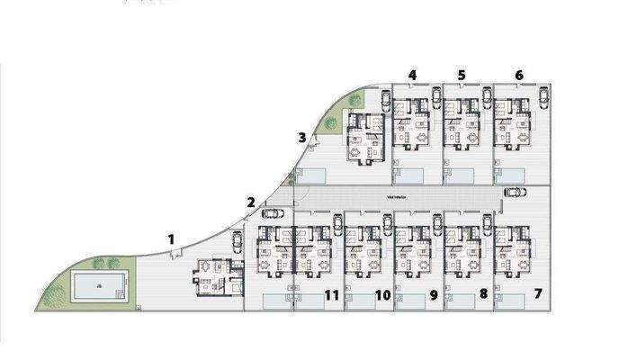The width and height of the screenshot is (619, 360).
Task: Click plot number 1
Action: pyautogui.click(x=171, y=238)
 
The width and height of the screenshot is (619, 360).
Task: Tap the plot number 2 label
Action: pyautogui.click(x=251, y=202)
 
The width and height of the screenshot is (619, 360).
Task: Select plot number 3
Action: pyautogui.click(x=302, y=137)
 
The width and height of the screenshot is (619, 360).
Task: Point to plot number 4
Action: pyautogui.click(x=412, y=75)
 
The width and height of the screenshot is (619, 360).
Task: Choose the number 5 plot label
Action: pyautogui.click(x=462, y=75)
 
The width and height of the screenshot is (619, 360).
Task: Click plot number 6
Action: pyautogui.click(x=519, y=75)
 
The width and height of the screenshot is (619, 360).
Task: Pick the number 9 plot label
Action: pyautogui.click(x=433, y=294)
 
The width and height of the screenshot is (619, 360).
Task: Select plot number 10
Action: pyautogui.click(x=382, y=294)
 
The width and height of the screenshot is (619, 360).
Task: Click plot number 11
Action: pyautogui.click(x=330, y=294)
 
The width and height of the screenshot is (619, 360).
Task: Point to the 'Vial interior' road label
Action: pyautogui.click(x=397, y=193)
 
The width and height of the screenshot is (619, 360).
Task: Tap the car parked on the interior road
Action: pyautogui.click(x=516, y=191)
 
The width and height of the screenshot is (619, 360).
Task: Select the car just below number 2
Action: pyautogui.click(x=271, y=213)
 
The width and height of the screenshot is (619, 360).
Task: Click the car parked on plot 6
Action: pyautogui.click(x=543, y=97)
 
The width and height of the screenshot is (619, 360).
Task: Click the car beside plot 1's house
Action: pyautogui.click(x=237, y=241)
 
